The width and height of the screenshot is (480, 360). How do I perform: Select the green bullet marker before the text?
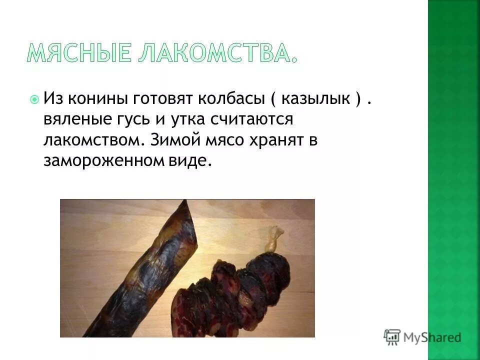click(x=34, y=99)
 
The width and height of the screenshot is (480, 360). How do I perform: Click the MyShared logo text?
click(x=432, y=337)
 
